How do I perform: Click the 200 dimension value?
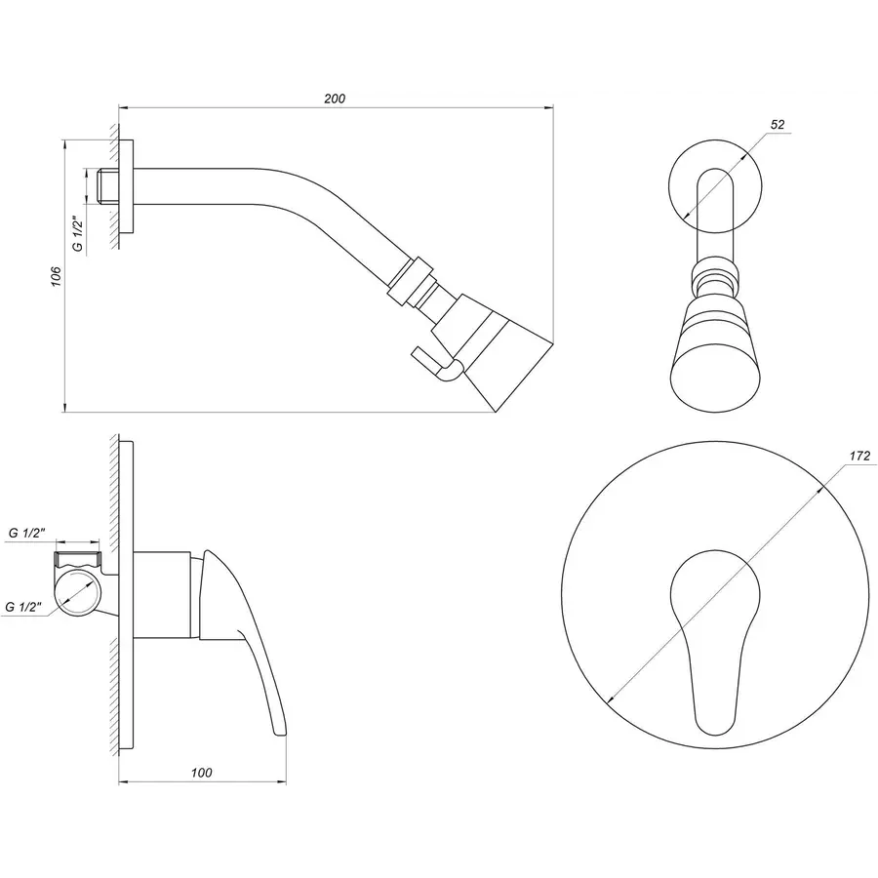[x=336, y=99]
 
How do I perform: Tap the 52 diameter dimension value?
[x=777, y=125]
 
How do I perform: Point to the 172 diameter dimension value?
[x=859, y=456]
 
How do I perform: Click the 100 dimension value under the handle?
[x=202, y=773]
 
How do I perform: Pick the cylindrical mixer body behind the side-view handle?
[x=162, y=595]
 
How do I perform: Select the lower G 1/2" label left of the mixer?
[x=25, y=606]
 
